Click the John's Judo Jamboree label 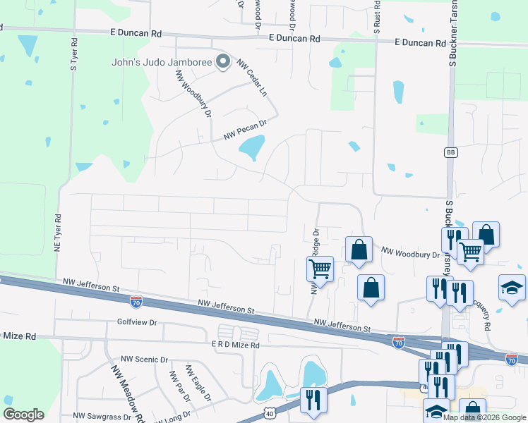pyautogui.click(x=162, y=62)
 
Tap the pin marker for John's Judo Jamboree pyautogui.click(x=224, y=62)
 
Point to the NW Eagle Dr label pyautogui.click(x=198, y=383)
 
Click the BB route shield pyautogui.click(x=450, y=152)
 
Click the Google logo pyautogui.click(x=23, y=415)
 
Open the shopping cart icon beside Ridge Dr pyautogui.click(x=320, y=269)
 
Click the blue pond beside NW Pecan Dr pyautogui.click(x=251, y=148)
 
